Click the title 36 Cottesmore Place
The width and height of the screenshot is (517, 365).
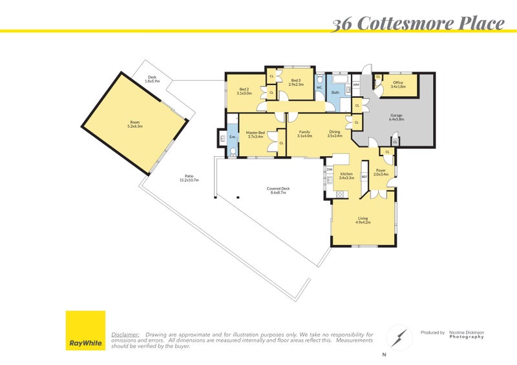point(417,25)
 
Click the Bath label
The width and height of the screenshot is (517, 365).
point(335,93)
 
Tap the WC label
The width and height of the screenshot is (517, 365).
point(319,87)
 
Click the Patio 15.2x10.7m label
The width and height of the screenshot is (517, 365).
point(189,178)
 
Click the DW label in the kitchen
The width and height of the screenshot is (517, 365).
point(330,170)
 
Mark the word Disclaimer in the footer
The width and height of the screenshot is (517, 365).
point(125,335)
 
